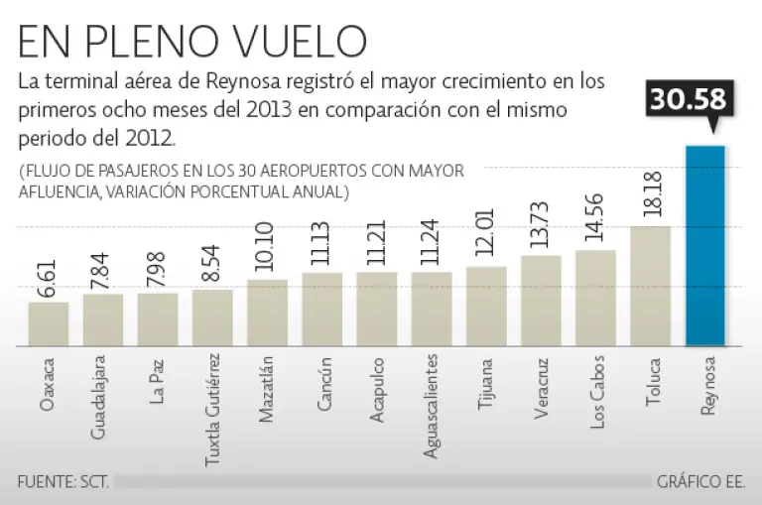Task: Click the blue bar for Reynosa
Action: tap(705, 246)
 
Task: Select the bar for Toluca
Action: tap(650, 286)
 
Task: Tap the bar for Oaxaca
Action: tap(48, 323)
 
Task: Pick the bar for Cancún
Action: tap(321, 309)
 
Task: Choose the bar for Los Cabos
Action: tap(595, 298)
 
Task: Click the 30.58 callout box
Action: tap(689, 100)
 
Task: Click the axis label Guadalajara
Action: tap(102, 397)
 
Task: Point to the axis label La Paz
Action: tap(158, 382)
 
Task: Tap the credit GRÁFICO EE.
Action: tap(699, 482)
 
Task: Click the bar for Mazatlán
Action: tap(267, 313)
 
